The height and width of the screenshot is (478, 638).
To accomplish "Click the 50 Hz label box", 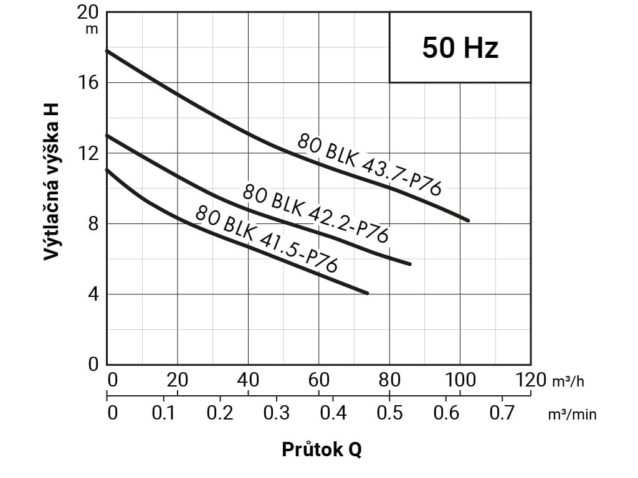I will [460, 47].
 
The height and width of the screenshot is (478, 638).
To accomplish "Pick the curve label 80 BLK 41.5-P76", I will [266, 239].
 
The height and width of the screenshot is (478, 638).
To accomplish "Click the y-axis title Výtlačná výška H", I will [52, 181].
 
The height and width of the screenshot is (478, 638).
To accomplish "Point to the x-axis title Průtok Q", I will [321, 449].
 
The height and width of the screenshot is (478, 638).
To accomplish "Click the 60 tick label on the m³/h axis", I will [318, 380].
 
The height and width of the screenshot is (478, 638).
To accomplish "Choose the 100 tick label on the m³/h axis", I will [460, 380].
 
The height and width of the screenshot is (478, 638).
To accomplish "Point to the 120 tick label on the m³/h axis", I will [531, 380].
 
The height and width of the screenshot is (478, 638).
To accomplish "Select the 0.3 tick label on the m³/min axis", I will [276, 413].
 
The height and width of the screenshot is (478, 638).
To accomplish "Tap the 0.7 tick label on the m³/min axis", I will [502, 413].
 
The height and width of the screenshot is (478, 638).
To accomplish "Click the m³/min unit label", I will [572, 414].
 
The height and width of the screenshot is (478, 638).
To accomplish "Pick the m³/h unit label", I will [568, 381].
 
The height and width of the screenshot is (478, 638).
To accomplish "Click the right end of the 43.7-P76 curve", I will [468, 220].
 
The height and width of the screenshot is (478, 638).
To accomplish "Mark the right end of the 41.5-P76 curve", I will [368, 293].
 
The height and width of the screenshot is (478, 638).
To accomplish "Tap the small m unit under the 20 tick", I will [92, 28].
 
